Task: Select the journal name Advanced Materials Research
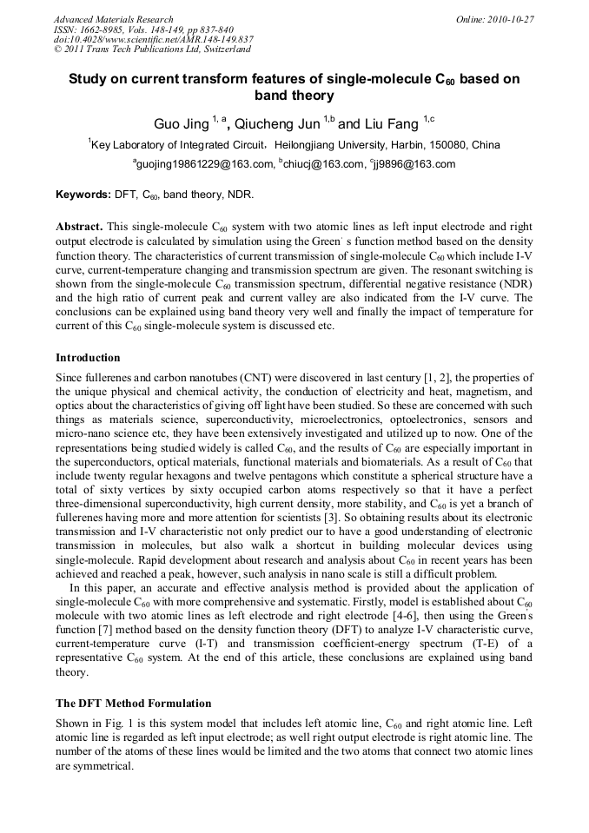tap(113, 18)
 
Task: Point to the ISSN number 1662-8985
tap(107, 29)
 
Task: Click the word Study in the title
tap(90, 79)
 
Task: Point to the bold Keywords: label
tap(83, 195)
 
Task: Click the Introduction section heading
tap(88, 358)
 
